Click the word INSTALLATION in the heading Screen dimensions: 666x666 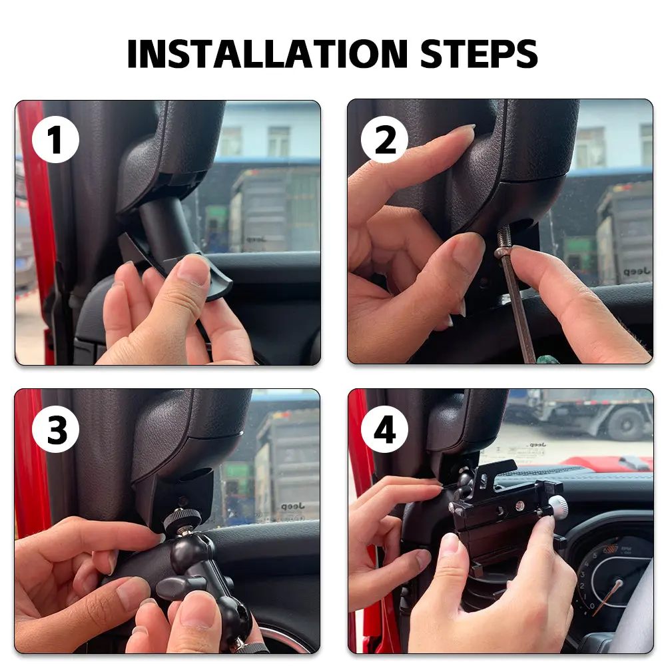tap(268, 54)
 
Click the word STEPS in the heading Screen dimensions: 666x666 tap(479, 54)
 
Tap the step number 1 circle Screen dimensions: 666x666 tap(56, 139)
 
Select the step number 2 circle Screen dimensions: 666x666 tap(385, 139)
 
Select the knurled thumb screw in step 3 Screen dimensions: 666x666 tap(182, 518)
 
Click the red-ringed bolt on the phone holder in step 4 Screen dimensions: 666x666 tap(519, 505)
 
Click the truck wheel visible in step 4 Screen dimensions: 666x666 tap(625, 424)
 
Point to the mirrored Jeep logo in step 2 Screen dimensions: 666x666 tap(637, 270)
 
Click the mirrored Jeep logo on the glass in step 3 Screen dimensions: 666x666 tap(292, 506)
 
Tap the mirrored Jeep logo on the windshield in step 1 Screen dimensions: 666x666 tap(256, 239)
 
